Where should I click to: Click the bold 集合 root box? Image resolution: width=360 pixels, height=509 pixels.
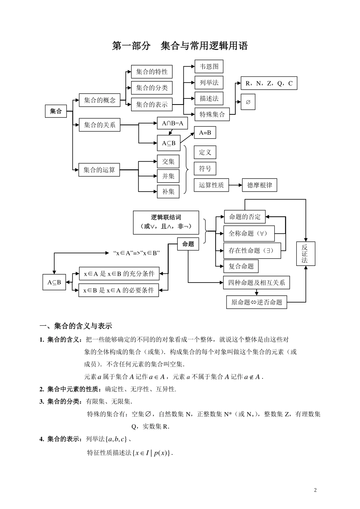coord(56,111)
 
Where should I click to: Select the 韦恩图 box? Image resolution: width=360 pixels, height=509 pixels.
coord(209,67)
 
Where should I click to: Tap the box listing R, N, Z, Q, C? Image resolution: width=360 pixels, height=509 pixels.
coord(269,83)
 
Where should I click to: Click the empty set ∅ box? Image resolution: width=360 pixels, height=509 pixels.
coord(248,102)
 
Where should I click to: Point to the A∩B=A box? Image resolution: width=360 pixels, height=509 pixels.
coord(172,123)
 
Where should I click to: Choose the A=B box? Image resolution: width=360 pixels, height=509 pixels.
coord(205,133)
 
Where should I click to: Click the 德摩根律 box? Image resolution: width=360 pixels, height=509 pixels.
coord(259,185)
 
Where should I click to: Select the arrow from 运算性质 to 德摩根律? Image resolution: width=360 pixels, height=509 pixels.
coord(235,185)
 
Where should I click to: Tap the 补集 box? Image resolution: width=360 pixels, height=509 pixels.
coord(168,192)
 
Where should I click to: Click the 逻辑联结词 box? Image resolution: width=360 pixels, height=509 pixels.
coord(166,222)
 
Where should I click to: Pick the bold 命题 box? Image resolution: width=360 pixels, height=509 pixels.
coord(188,244)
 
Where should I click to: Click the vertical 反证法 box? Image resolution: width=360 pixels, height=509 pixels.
coord(305,253)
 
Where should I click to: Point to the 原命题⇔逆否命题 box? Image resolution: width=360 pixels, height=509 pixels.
coord(257,302)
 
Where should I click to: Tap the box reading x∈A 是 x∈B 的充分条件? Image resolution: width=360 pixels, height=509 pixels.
coord(119,274)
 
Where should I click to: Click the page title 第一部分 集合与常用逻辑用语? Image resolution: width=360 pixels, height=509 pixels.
coord(180,46)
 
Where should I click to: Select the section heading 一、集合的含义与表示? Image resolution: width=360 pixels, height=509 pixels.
coord(76,326)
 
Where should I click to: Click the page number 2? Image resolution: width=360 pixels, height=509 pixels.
coord(315,490)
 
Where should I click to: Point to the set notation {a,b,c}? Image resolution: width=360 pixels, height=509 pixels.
coord(117,439)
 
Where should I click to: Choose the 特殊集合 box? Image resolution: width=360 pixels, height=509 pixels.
coord(212,114)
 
